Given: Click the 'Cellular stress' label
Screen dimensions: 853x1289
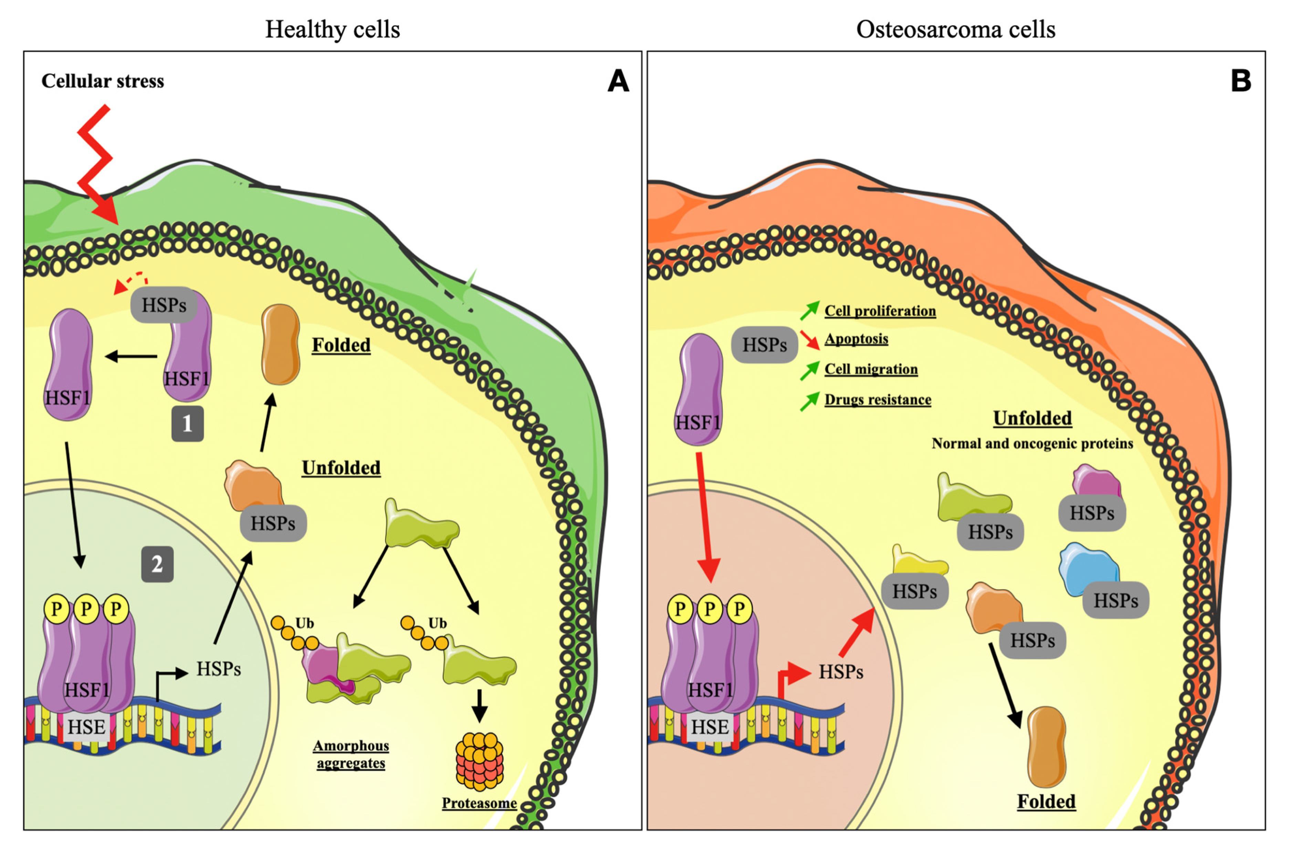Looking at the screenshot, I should pyautogui.click(x=103, y=81).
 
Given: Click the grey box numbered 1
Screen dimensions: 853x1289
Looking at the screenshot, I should pyautogui.click(x=188, y=423).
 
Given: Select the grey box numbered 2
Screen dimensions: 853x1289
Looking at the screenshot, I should pyautogui.click(x=157, y=564).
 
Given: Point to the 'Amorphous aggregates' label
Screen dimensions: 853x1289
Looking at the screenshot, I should pyautogui.click(x=351, y=754).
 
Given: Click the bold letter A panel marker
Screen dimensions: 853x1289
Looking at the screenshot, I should pyautogui.click(x=618, y=82).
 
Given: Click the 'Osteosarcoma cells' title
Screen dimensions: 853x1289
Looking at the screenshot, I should pyautogui.click(x=955, y=29).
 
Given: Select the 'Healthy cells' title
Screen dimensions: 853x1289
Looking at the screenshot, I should pyautogui.click(x=332, y=29).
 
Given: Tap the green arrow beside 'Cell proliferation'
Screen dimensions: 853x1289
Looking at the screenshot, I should pyautogui.click(x=809, y=310).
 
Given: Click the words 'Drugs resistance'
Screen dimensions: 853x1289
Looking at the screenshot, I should pyautogui.click(x=878, y=400).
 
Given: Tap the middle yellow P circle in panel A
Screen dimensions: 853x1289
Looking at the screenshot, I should pyautogui.click(x=86, y=608).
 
